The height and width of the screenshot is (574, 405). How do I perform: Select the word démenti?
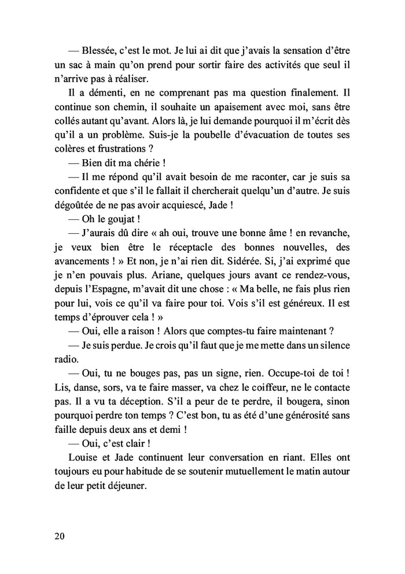tap(96, 93)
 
